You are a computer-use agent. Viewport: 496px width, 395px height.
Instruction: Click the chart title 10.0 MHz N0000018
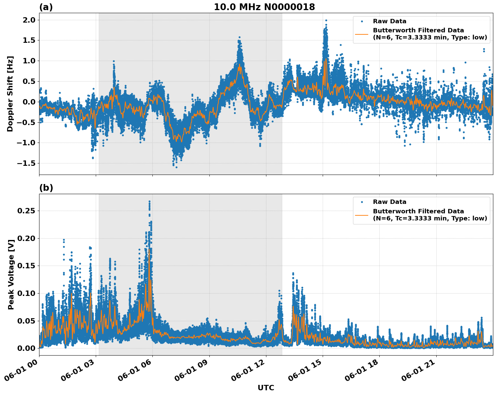(x=264, y=7)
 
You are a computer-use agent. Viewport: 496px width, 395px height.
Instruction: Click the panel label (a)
(x=46, y=7)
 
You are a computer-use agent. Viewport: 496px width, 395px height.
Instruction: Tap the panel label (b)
(x=46, y=188)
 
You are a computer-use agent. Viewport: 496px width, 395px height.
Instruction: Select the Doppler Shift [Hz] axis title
(x=10, y=94)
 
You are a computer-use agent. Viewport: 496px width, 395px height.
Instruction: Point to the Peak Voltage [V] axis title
(x=11, y=274)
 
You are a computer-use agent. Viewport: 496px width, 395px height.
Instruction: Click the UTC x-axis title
(x=266, y=388)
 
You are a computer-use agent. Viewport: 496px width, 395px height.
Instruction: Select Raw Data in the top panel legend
(x=389, y=21)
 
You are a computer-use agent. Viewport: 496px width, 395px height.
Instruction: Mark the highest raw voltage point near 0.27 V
(x=149, y=202)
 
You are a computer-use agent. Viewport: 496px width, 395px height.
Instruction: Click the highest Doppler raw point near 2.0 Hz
(x=326, y=21)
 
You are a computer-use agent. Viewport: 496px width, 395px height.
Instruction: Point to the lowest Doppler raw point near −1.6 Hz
(x=176, y=167)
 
